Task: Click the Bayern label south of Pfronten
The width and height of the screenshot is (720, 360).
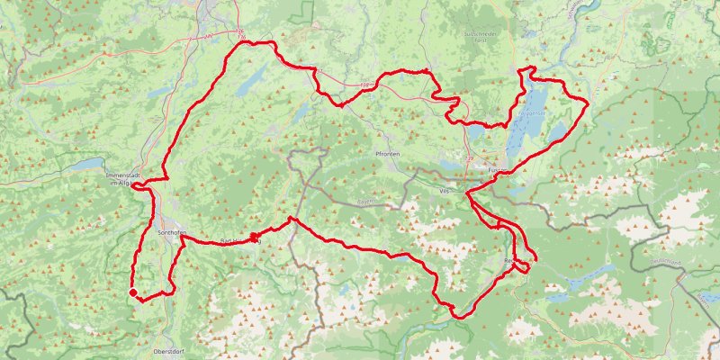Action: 364,202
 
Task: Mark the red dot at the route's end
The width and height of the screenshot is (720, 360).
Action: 133,292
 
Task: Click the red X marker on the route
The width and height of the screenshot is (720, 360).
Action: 255,238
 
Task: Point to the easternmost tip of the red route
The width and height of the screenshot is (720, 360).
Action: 588,103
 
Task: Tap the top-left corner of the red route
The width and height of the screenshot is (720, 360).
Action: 239,43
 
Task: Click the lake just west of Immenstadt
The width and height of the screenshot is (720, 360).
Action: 85,165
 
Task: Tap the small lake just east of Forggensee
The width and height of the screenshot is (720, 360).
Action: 558,131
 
